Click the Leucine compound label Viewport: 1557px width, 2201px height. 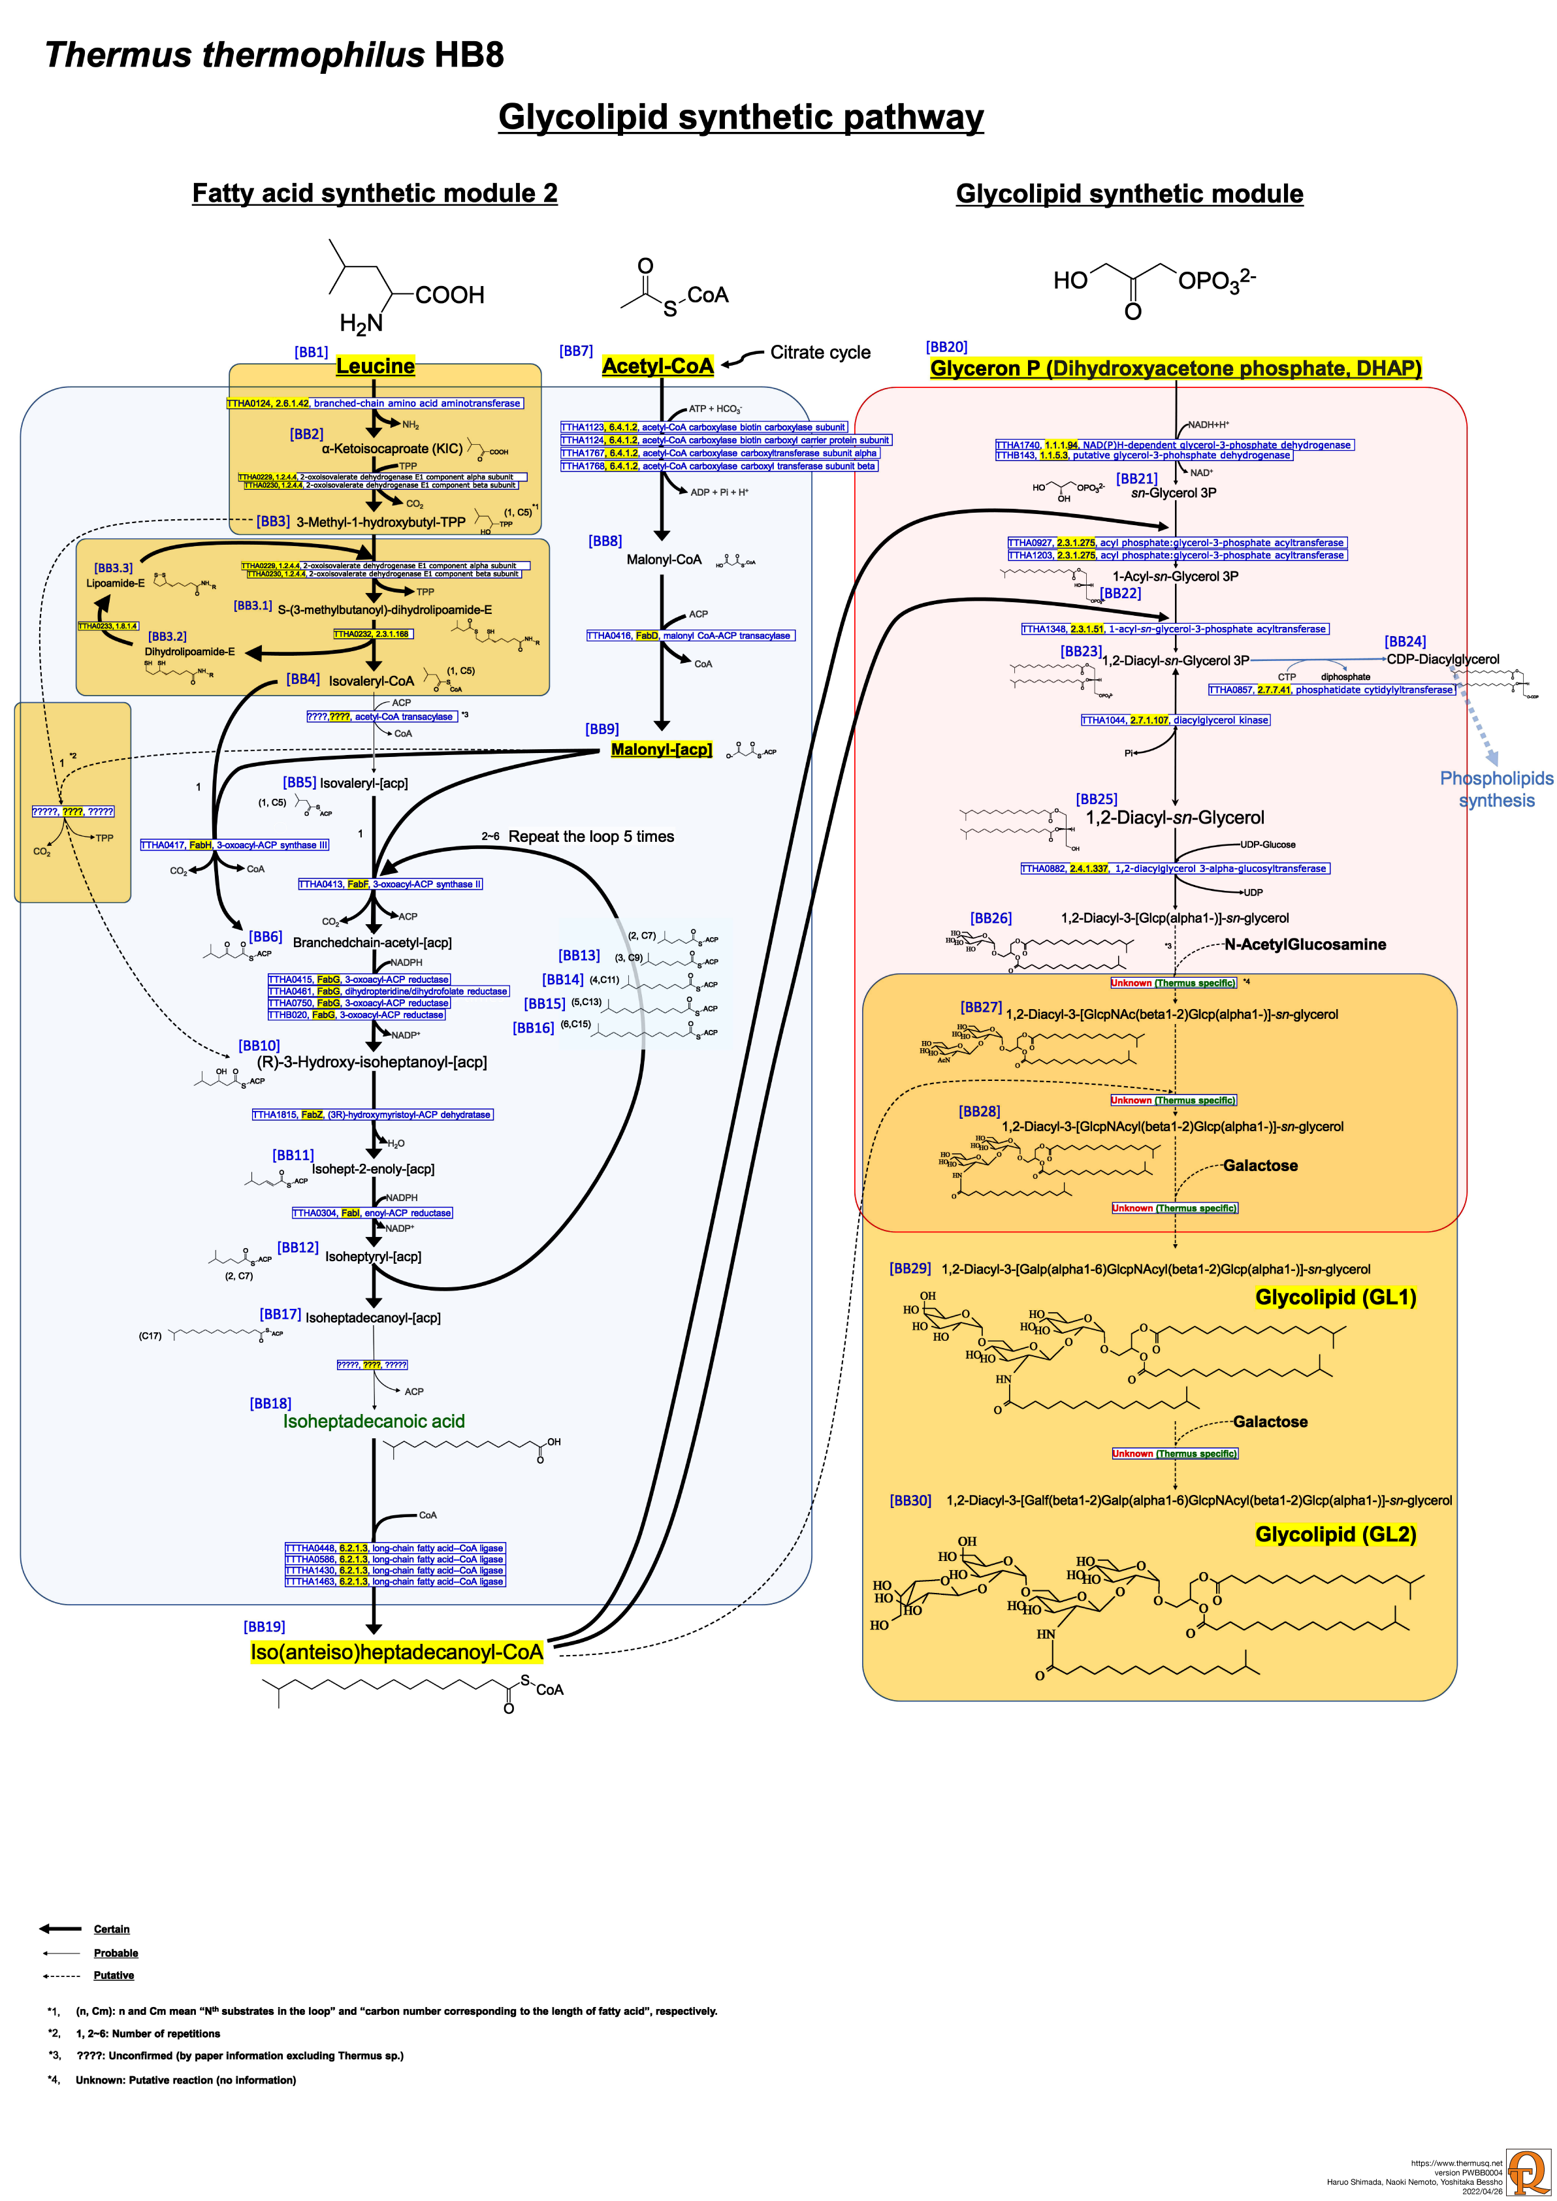click(x=375, y=366)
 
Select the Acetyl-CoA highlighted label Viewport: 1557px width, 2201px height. click(x=658, y=366)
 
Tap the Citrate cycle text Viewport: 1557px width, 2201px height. click(x=820, y=353)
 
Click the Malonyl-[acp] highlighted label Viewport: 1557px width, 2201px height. click(x=662, y=750)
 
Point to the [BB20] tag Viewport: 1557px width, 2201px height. click(x=946, y=347)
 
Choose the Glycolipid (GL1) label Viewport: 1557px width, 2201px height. click(x=1336, y=1298)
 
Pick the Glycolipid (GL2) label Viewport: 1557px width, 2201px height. click(x=1336, y=1535)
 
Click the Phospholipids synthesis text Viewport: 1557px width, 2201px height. click(x=1496, y=789)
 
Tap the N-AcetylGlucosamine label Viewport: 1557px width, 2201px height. click(x=1305, y=944)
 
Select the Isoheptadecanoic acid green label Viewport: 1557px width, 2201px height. click(x=374, y=1422)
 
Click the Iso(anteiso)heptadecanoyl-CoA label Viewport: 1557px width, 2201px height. click(x=397, y=1652)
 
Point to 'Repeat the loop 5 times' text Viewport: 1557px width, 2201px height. click(x=590, y=837)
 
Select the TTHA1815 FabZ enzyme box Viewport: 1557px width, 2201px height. click(x=372, y=1115)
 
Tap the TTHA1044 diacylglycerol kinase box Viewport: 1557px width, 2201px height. click(x=1176, y=720)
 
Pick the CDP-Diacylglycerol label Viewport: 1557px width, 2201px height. click(x=1442, y=660)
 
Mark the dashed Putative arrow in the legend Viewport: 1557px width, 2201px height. click(x=59, y=1976)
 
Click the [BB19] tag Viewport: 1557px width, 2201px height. click(x=265, y=1627)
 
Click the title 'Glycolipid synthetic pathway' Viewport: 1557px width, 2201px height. click(x=740, y=117)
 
